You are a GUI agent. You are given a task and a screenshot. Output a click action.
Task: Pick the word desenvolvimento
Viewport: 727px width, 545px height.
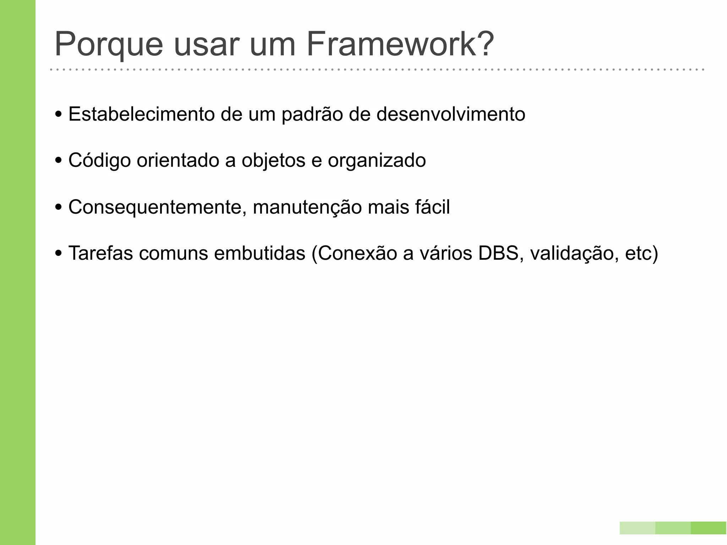(x=450, y=114)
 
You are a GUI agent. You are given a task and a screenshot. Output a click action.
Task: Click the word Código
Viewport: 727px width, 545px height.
(x=99, y=160)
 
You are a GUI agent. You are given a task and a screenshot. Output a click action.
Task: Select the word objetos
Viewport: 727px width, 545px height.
(x=273, y=160)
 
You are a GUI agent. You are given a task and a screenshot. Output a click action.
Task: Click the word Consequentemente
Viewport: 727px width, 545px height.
(x=158, y=207)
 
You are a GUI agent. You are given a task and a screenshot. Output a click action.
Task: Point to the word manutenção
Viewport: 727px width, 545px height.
(x=307, y=207)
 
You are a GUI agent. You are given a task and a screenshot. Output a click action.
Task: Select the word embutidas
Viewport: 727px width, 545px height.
(x=259, y=253)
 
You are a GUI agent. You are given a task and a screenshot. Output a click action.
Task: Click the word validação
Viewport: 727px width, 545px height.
(x=572, y=253)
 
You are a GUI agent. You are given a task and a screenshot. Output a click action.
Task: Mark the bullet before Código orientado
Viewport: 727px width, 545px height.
(x=59, y=161)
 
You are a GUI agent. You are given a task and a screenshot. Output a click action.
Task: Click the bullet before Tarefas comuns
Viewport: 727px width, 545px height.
(x=59, y=254)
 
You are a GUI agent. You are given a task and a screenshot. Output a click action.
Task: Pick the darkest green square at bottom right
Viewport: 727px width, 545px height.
(x=709, y=528)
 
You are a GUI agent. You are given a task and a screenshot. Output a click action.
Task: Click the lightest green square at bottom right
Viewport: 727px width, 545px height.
(x=637, y=528)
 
